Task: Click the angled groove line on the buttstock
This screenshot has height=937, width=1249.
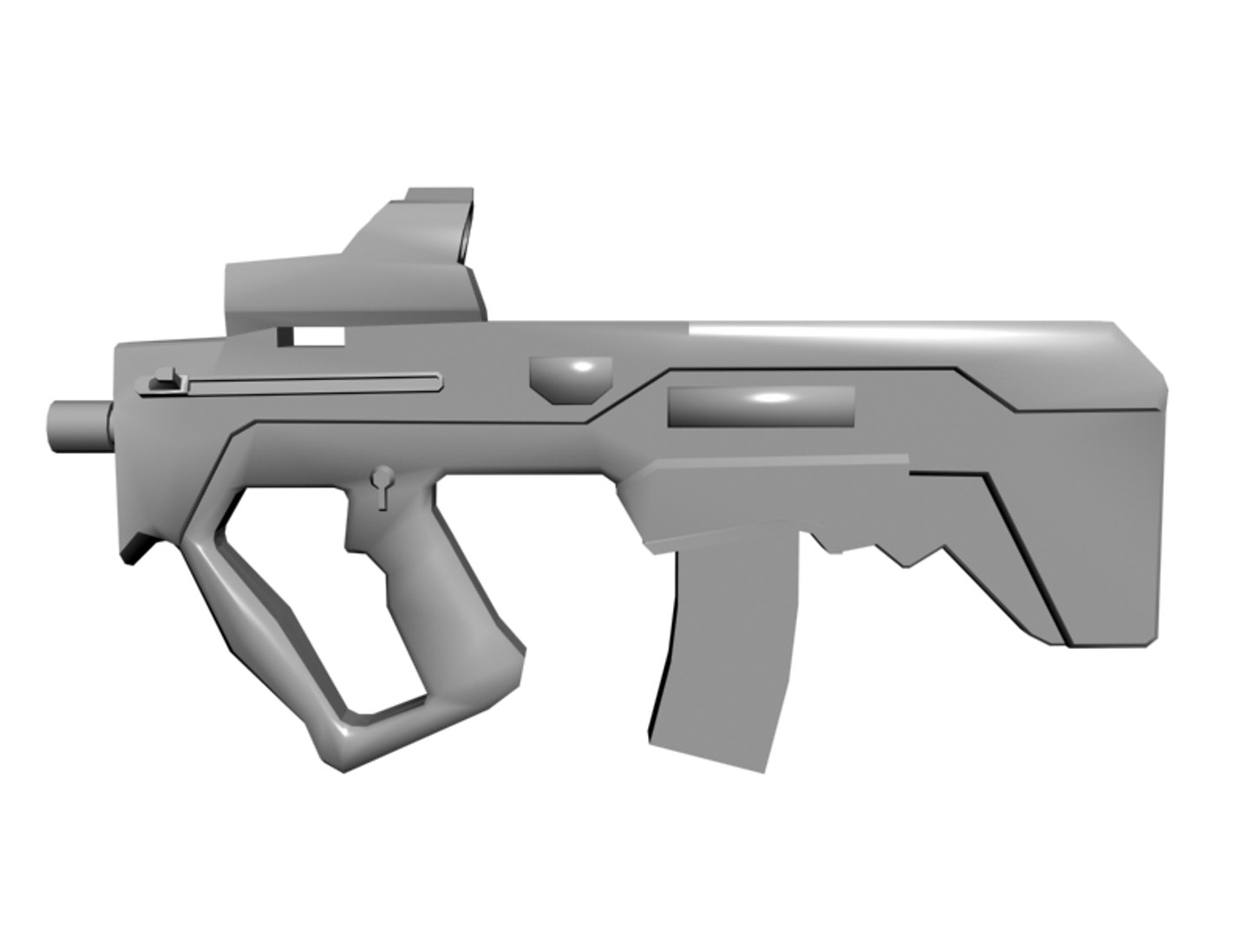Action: (1023, 555)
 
